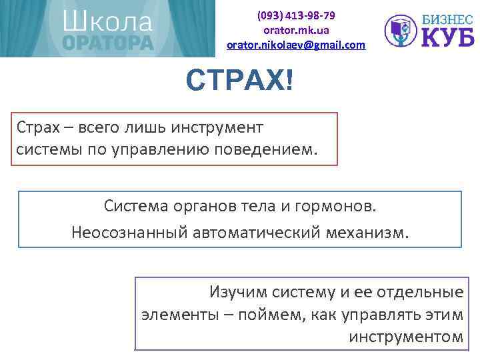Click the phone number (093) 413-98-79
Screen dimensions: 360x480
point(297,15)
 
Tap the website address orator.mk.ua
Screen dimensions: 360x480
point(297,30)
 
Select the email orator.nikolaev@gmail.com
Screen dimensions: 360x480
point(297,45)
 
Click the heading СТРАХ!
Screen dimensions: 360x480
point(239,81)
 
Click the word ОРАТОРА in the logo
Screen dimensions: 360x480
point(108,42)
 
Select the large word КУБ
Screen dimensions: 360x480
point(447,37)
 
